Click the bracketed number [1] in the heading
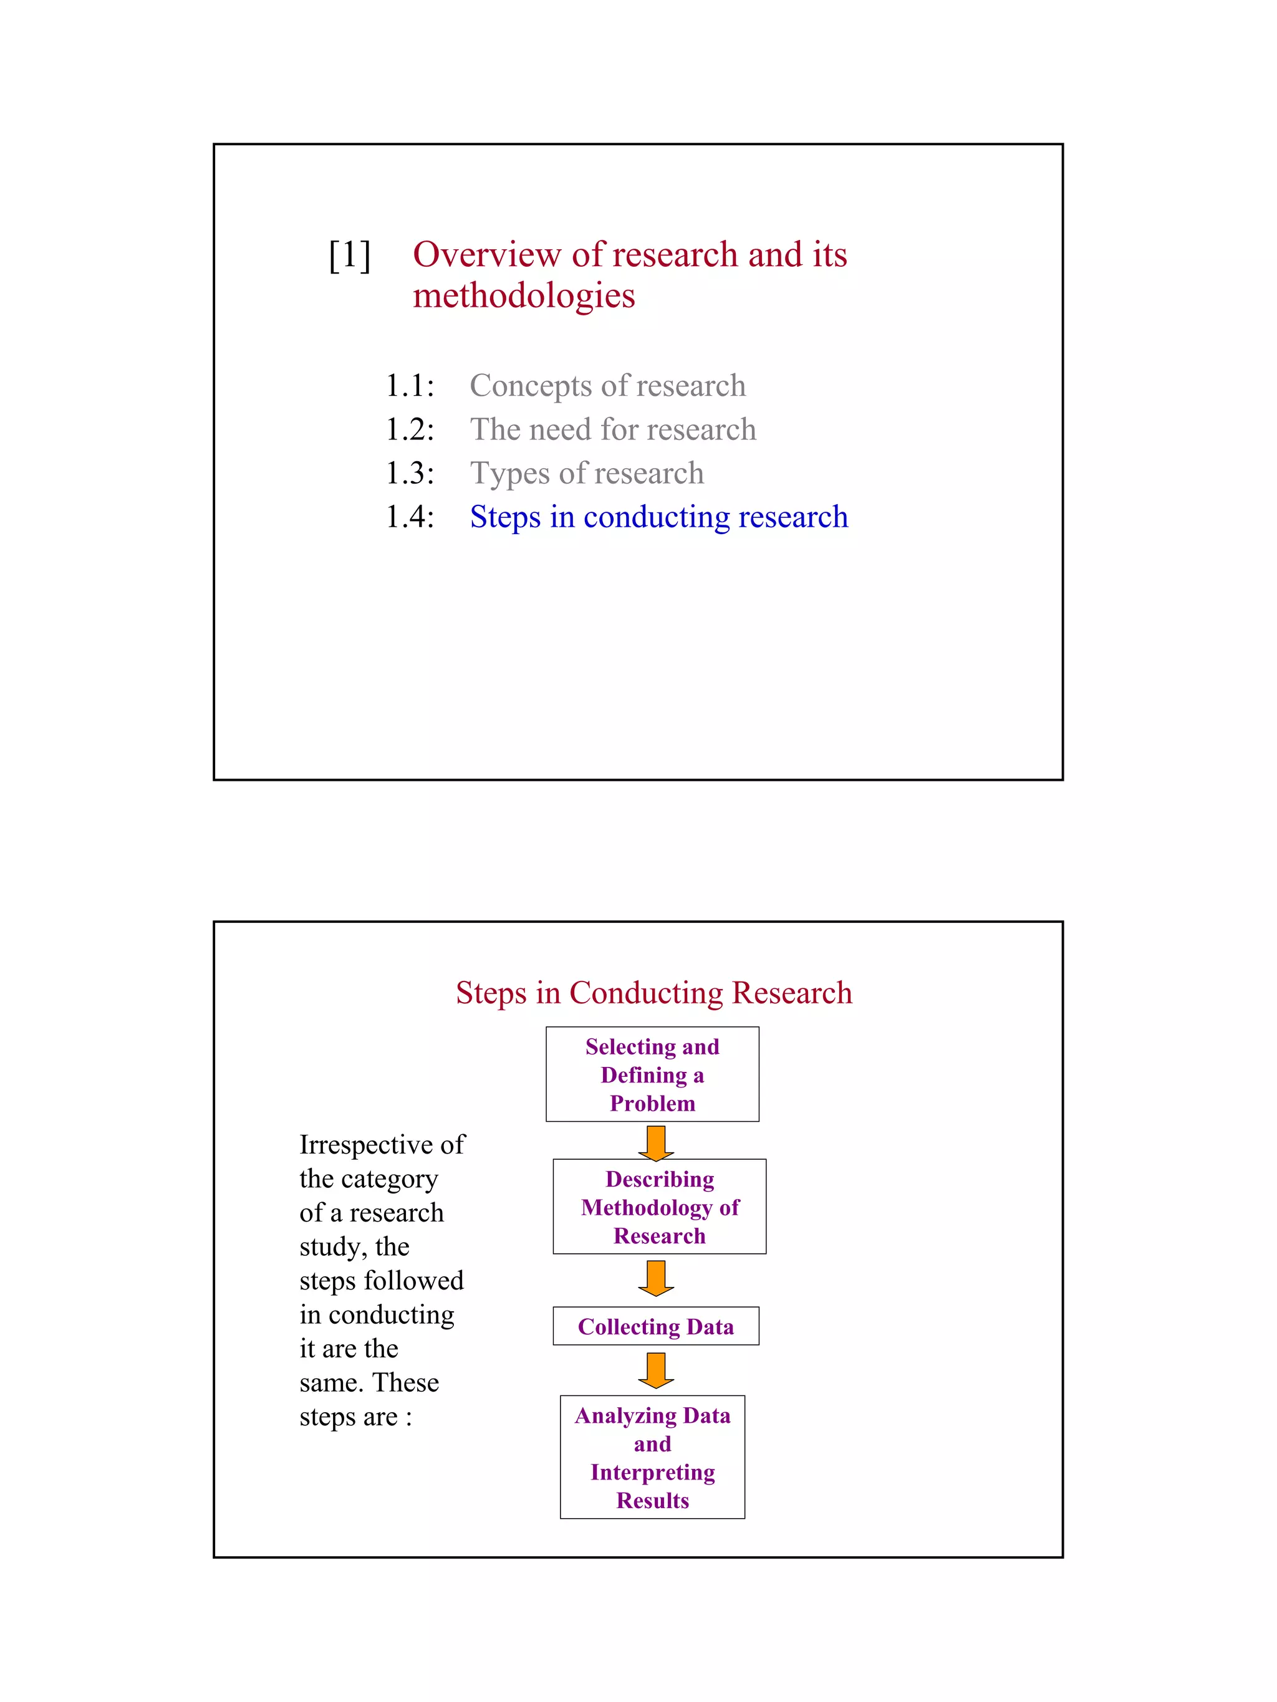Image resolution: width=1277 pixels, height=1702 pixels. (349, 255)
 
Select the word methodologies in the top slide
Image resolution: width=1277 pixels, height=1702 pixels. (523, 295)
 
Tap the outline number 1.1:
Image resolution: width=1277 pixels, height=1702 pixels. (410, 386)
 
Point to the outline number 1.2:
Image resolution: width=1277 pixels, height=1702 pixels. (410, 429)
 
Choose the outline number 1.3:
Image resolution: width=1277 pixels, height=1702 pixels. (410, 473)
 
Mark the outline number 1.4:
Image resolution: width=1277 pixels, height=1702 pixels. (410, 517)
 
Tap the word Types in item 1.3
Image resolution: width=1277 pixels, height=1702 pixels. (509, 473)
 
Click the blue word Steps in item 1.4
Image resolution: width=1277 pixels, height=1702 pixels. (505, 517)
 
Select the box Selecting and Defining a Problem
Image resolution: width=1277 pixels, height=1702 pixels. (652, 1074)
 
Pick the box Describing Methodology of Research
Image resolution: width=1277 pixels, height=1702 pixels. (659, 1207)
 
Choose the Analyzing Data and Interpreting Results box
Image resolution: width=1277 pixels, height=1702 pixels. (652, 1456)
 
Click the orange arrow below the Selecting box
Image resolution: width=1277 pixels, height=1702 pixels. (656, 1142)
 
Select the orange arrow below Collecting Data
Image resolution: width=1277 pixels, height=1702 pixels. (656, 1370)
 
